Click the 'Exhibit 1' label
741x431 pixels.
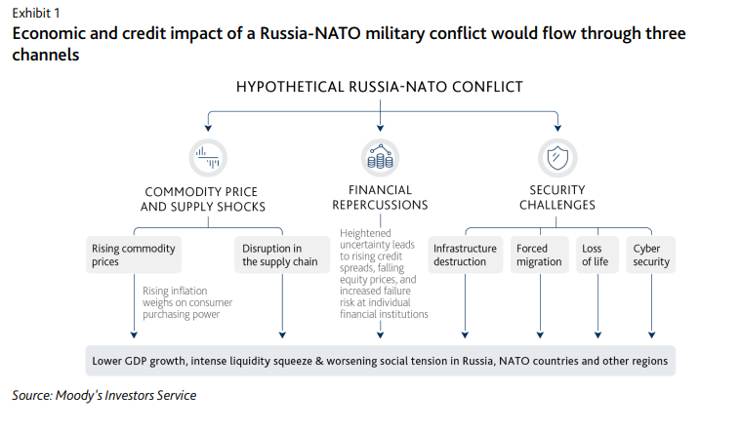[35, 13]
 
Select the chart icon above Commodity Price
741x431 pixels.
[205, 155]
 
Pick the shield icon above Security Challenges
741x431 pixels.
[557, 156]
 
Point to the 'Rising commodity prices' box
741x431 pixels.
[133, 255]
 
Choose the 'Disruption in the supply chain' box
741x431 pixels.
[279, 255]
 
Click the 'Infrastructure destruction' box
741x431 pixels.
[466, 255]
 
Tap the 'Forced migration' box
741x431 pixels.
[539, 255]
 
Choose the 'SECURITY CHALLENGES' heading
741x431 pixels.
[557, 197]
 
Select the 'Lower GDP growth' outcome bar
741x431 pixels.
[380, 361]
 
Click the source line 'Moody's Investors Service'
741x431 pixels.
[104, 395]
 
